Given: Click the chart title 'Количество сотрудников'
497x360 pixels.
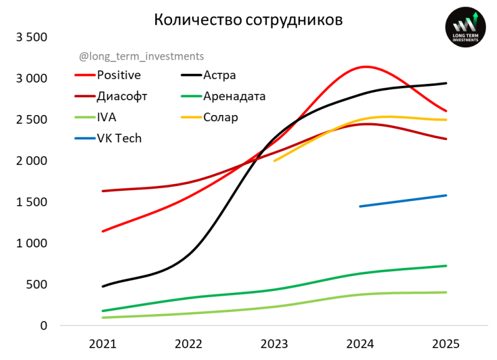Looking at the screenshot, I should click(x=248, y=20).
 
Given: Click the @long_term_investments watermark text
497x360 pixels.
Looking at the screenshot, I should click(x=142, y=57).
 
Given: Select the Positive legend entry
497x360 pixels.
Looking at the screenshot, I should click(x=119, y=75).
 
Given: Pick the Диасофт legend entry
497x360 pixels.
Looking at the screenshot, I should click(x=122, y=96).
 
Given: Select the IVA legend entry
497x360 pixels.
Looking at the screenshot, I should click(x=106, y=117).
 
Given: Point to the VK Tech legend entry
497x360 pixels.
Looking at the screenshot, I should click(x=119, y=138).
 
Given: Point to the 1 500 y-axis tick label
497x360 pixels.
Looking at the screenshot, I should click(x=32, y=202).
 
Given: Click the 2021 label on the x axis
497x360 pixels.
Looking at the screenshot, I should click(x=102, y=343).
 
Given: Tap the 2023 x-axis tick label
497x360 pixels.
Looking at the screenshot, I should click(x=274, y=343).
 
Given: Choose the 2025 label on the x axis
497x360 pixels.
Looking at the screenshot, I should click(x=446, y=343).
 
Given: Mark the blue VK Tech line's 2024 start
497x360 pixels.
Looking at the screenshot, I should click(x=360, y=206).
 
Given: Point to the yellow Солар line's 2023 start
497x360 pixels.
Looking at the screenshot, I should click(x=275, y=160).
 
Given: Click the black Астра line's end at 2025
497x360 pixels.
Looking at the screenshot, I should click(x=446, y=83).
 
